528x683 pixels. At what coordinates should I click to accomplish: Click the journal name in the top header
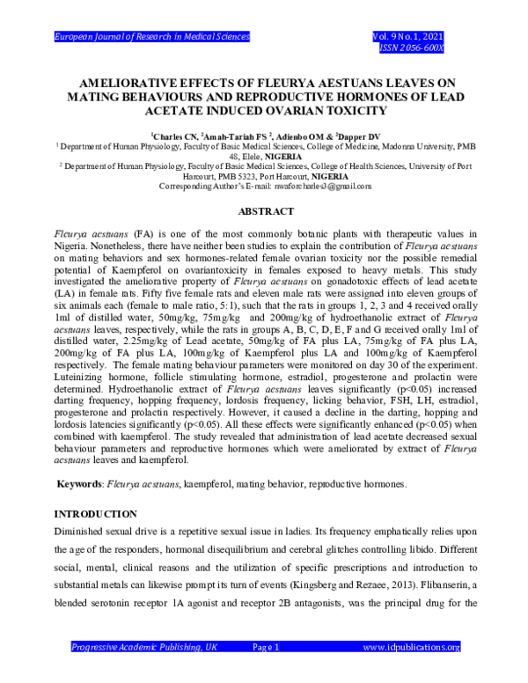click(152, 36)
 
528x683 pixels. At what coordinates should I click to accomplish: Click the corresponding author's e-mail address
click(331, 186)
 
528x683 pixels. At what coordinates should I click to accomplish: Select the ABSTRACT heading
click(264, 212)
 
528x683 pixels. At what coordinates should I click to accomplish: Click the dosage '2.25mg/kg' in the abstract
click(138, 336)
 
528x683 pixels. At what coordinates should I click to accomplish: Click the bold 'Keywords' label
click(79, 484)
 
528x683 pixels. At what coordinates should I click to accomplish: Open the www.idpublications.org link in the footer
click(411, 647)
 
